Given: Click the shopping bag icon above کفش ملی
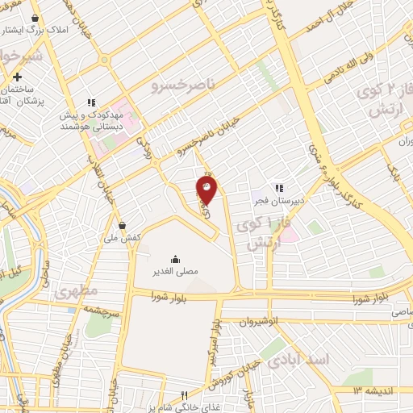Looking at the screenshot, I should (x=122, y=225).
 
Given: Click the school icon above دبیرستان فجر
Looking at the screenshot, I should (x=280, y=188).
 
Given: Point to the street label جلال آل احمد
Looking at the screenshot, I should (x=323, y=23).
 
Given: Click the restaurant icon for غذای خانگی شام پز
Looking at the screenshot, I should (x=184, y=395).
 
